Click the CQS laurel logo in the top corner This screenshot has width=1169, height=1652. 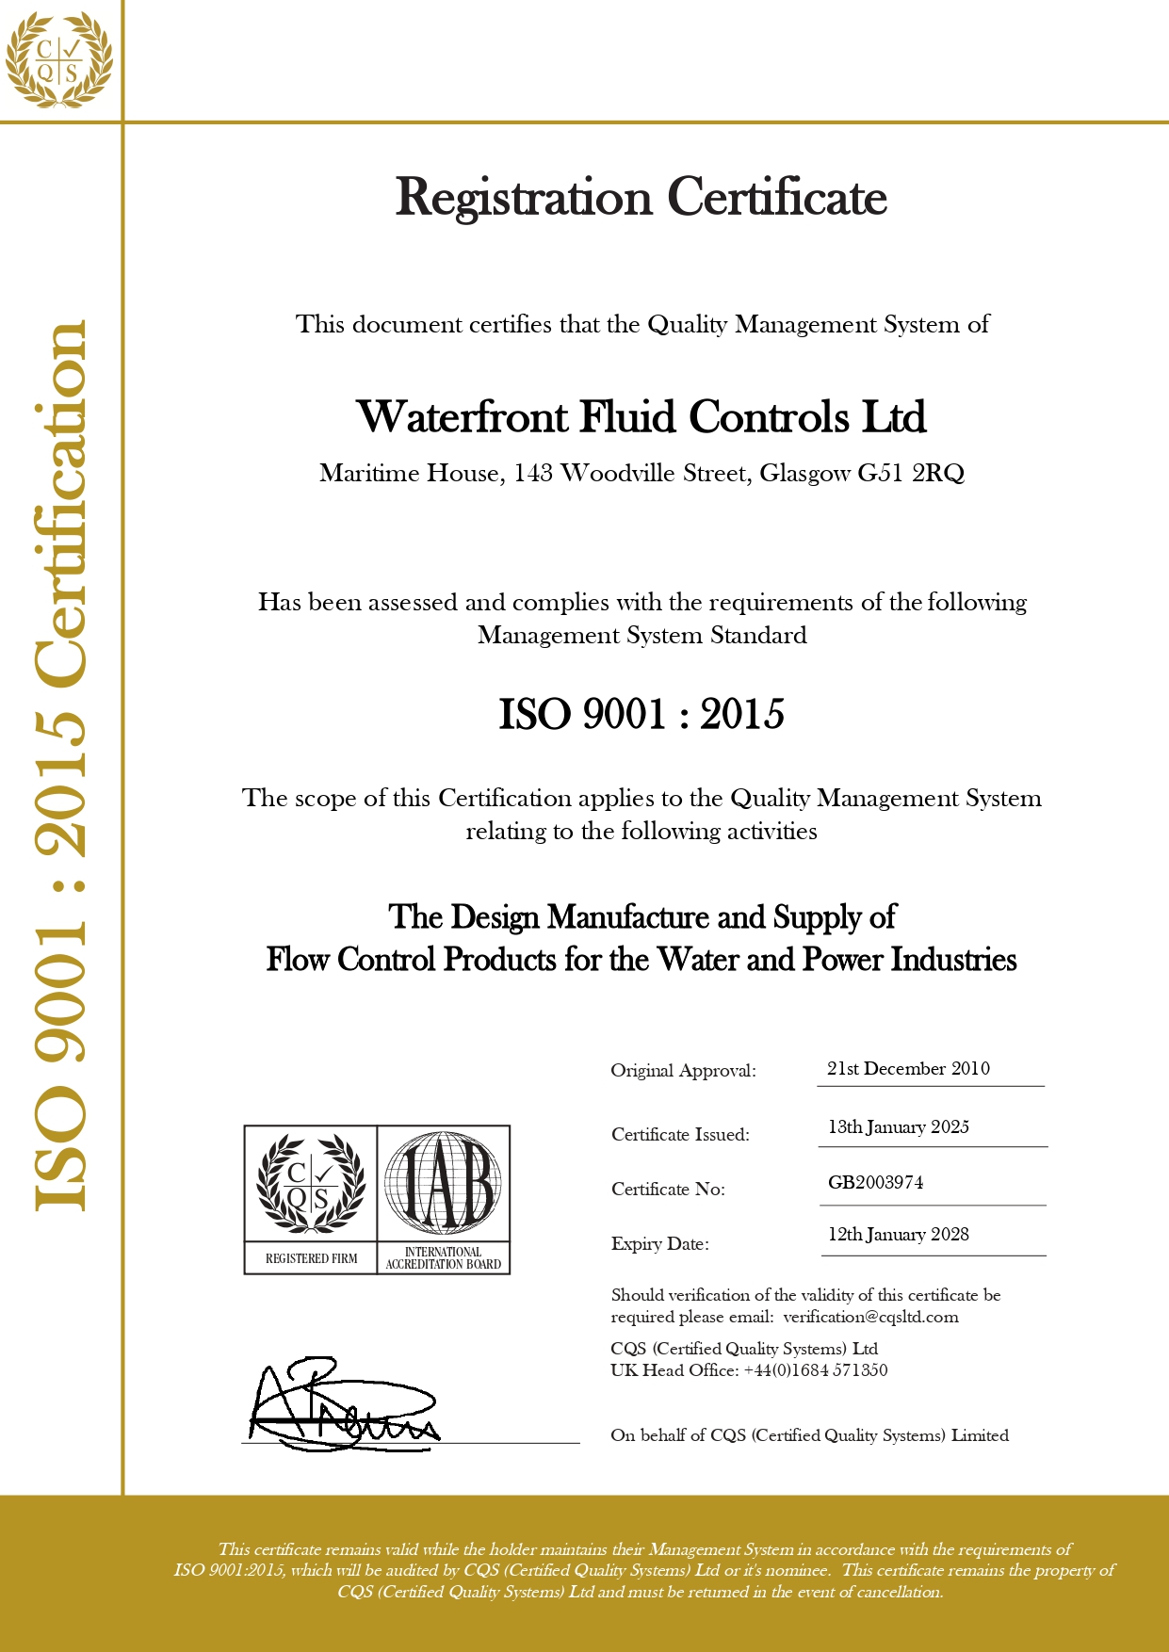(58, 60)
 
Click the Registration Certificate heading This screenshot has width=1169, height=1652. (641, 198)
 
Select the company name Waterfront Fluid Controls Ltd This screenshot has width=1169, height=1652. (641, 417)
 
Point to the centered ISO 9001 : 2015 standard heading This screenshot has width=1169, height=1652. (641, 714)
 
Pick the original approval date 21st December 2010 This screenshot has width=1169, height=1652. (908, 1068)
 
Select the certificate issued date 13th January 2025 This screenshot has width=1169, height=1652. (898, 1126)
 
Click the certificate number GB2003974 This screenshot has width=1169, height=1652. (875, 1182)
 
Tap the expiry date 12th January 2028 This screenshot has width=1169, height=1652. (898, 1234)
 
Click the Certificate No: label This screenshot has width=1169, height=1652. (668, 1189)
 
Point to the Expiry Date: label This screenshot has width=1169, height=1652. (659, 1243)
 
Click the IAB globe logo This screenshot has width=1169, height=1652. (443, 1183)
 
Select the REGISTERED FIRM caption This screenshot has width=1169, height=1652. (311, 1258)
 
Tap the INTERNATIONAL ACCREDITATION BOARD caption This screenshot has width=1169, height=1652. (443, 1258)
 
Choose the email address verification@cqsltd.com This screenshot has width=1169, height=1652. (870, 1317)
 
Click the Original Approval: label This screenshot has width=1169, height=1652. (683, 1070)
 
